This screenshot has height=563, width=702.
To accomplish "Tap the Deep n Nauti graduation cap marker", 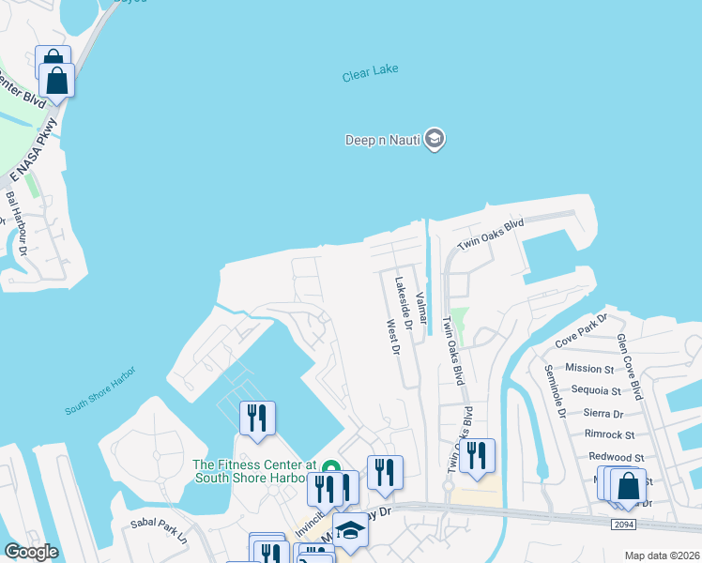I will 434,140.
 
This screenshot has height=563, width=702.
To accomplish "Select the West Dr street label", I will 393,339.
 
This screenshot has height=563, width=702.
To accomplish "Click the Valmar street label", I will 420,305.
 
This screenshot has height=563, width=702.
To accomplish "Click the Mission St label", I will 589,369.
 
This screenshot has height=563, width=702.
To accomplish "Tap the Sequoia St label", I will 598,390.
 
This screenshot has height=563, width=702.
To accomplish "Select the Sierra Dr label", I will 603,413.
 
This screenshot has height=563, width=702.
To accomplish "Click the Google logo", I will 31,551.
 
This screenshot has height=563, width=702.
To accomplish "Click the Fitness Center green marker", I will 329,467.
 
